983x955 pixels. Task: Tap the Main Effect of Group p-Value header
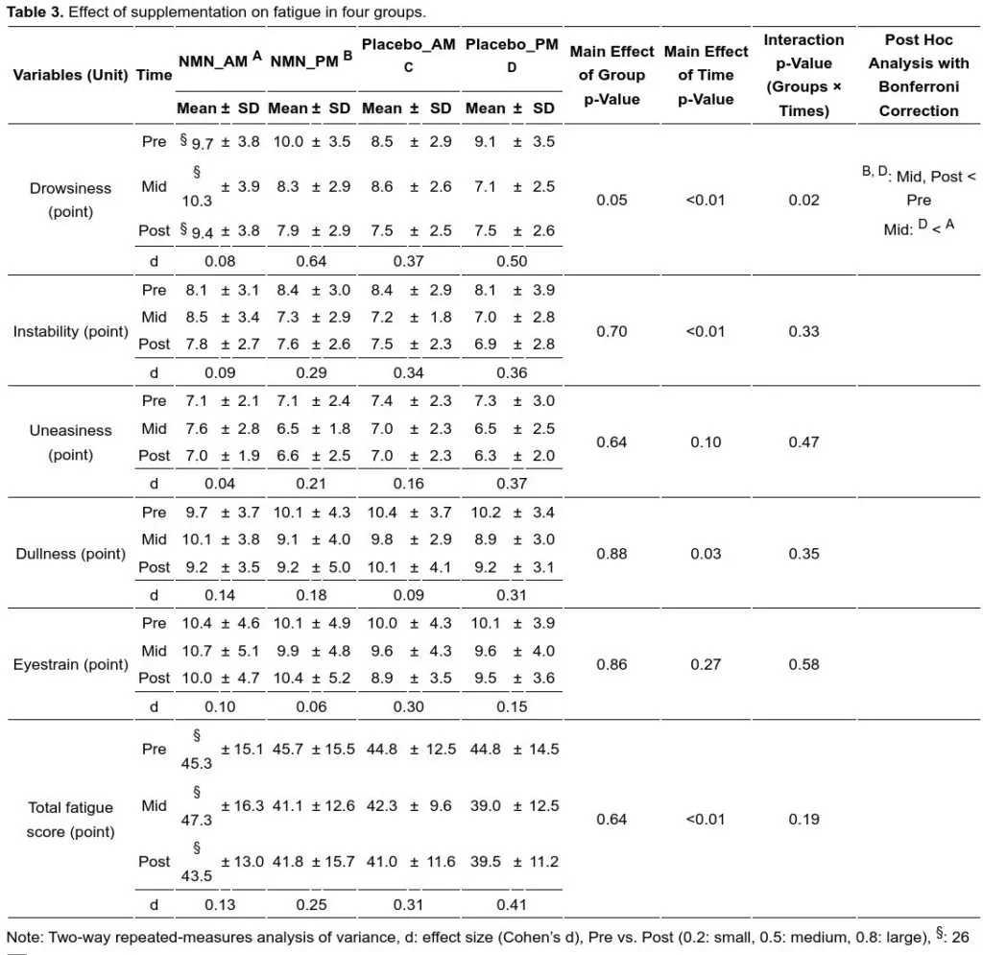(x=611, y=75)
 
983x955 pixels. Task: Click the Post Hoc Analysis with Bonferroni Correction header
(x=918, y=75)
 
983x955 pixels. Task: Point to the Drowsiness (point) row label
(x=70, y=200)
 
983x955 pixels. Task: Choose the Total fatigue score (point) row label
(x=70, y=820)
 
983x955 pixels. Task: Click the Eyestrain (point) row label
(x=70, y=664)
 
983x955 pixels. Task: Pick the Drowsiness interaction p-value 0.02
(x=803, y=200)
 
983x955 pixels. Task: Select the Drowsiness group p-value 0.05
(x=611, y=200)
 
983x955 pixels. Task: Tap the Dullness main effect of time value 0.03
(x=706, y=554)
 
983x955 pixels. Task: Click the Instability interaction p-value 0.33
(x=803, y=331)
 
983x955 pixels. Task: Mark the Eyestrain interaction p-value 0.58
(x=803, y=664)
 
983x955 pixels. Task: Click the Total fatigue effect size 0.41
(x=513, y=903)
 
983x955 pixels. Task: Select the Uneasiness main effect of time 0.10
(x=706, y=442)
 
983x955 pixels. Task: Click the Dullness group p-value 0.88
(x=611, y=554)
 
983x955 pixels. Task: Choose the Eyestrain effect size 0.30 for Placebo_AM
(x=409, y=707)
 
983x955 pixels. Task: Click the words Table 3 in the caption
(x=29, y=12)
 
